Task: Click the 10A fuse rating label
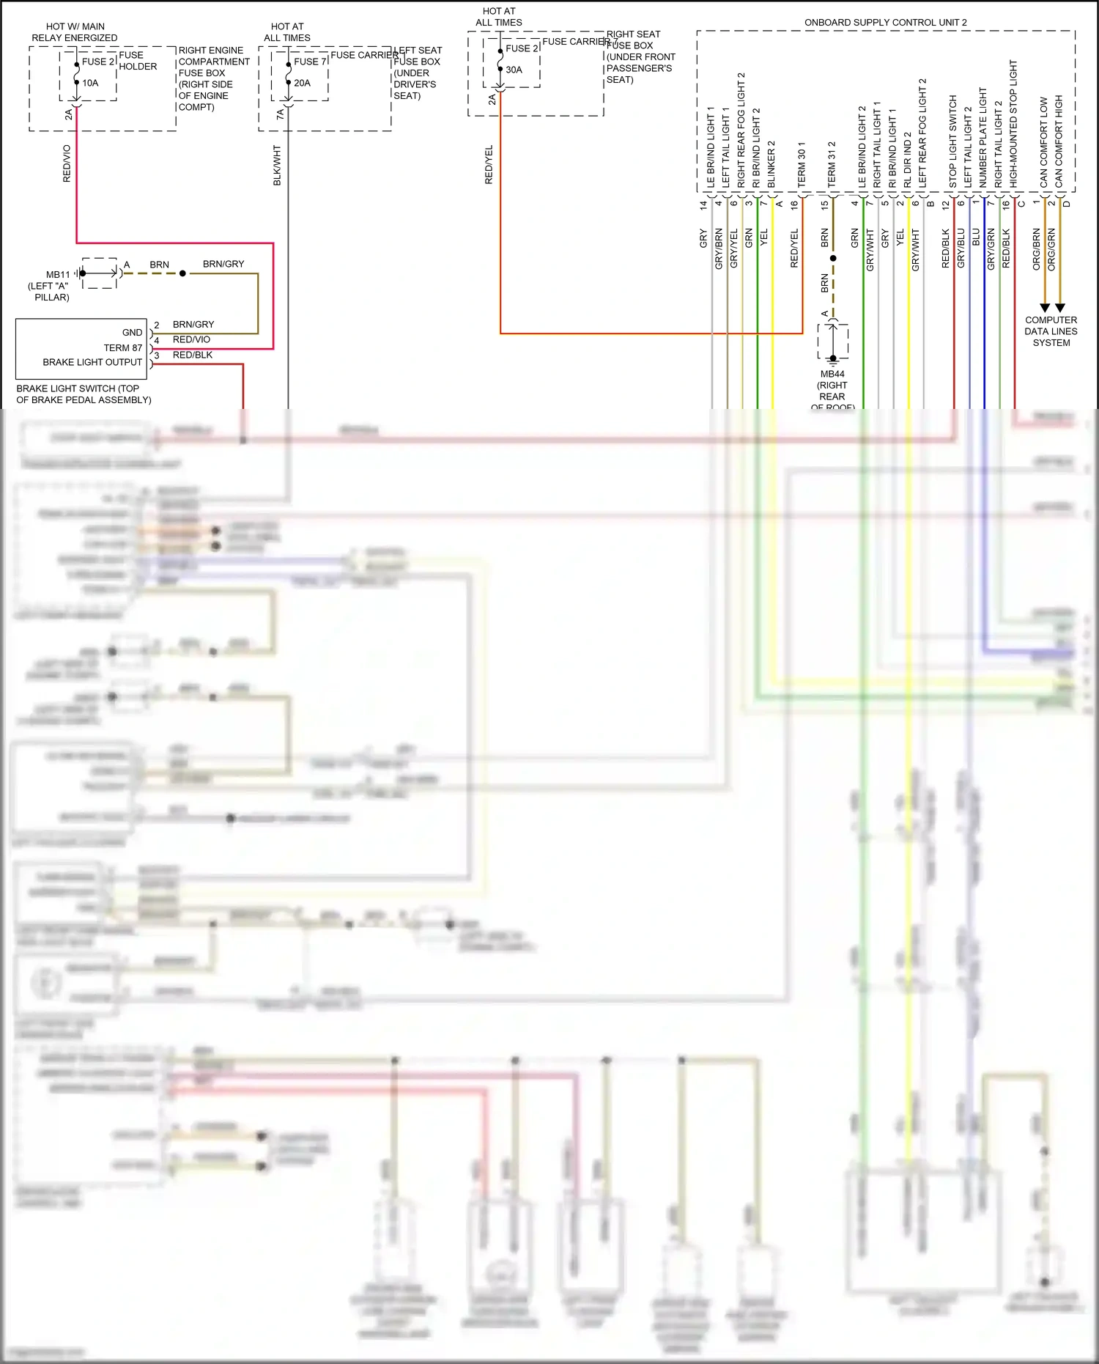pos(90,83)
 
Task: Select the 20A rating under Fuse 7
pos(302,83)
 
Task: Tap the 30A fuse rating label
pos(514,70)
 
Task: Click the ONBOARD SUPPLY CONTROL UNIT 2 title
pos(885,23)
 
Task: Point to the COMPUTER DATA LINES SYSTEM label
pos(1051,331)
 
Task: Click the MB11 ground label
pos(58,275)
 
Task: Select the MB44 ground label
pos(832,375)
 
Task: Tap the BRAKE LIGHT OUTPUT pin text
pos(92,362)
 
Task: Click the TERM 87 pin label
pos(123,347)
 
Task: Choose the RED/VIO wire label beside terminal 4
pos(191,339)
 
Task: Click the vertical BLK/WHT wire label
pos(277,165)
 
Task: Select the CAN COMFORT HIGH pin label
pos(1059,141)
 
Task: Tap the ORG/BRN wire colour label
pos(1036,249)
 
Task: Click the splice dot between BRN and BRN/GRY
pos(182,273)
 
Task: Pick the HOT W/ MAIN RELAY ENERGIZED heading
pos(74,32)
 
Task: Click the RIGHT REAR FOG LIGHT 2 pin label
pos(741,130)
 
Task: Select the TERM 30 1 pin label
pos(801,164)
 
